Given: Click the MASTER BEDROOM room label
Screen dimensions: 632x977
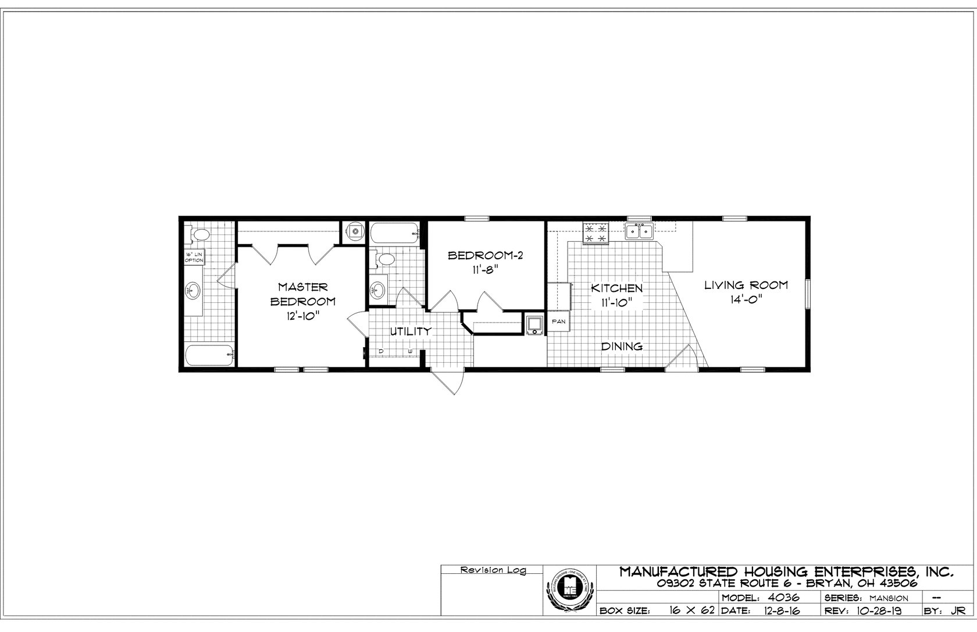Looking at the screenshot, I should [302, 294].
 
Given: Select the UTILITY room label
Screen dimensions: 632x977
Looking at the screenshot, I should [411, 331].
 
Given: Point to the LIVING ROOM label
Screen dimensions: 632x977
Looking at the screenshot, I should [746, 285].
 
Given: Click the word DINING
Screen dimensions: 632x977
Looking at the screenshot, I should [622, 347].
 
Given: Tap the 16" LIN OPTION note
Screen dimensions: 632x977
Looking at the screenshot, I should [194, 258].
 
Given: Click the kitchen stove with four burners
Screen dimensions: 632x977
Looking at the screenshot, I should [596, 233].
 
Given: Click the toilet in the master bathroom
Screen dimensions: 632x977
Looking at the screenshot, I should [199, 235].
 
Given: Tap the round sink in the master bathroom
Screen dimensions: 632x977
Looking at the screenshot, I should [192, 291].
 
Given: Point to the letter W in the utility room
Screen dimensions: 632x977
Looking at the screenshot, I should [410, 352].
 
